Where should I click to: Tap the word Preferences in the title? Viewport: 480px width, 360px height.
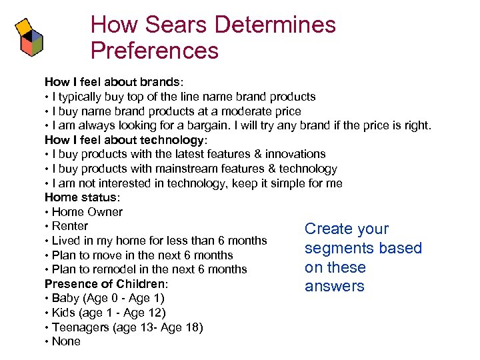pyautogui.click(x=154, y=51)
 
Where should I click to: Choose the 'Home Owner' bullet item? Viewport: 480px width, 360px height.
pyautogui.click(x=87, y=212)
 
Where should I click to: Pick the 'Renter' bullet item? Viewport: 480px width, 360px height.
pyautogui.click(x=69, y=226)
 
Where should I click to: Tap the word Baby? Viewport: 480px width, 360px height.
pyautogui.click(x=66, y=298)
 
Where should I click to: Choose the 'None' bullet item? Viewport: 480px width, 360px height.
pyautogui.click(x=66, y=341)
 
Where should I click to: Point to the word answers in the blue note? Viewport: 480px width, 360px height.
pyautogui.click(x=335, y=287)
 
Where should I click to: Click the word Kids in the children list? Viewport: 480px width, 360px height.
pyautogui.click(x=65, y=313)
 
